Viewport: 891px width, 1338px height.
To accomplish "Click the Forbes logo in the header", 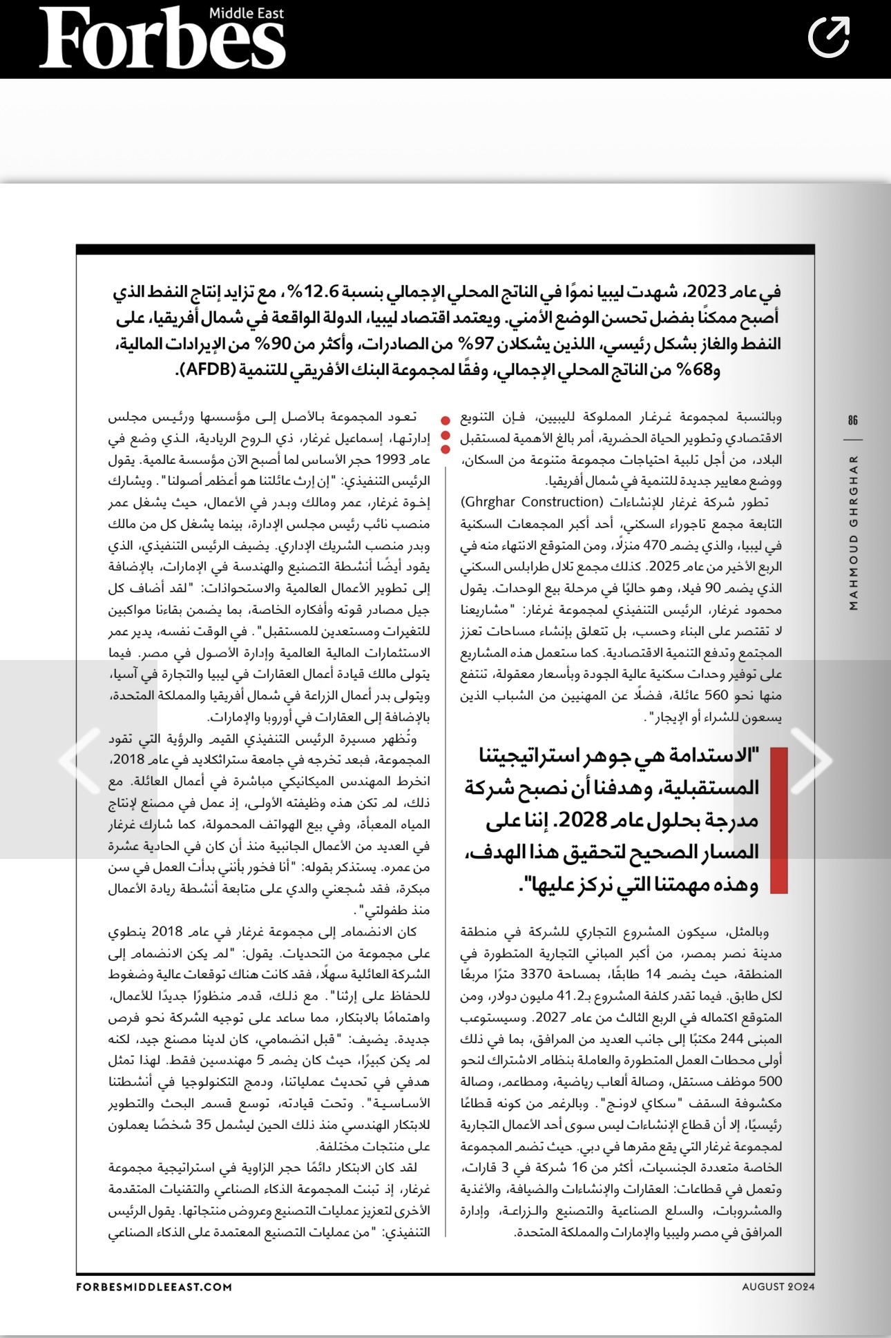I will tap(162, 40).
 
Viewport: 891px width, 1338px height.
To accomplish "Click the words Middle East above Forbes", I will tap(246, 13).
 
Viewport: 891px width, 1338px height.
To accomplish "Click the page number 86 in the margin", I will tap(853, 420).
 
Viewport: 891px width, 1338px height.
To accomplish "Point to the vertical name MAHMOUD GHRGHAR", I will tap(854, 532).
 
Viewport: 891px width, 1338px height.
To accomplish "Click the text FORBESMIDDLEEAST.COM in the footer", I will tap(154, 1287).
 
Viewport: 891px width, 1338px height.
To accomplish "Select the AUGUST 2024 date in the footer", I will tap(778, 1287).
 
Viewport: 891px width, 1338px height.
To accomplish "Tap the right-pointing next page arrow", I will tap(813, 760).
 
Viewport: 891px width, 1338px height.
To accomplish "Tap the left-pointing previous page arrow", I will tap(79, 760).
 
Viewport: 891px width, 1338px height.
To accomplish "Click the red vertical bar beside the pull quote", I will tap(778, 820).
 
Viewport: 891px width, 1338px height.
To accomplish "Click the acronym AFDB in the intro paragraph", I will tap(210, 369).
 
